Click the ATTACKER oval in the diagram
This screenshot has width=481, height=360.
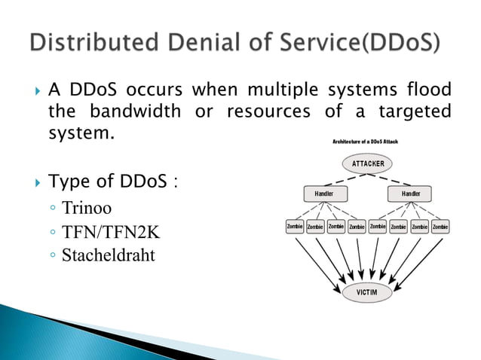(368, 163)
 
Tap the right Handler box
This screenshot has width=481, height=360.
(412, 194)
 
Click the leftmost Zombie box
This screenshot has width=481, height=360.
(294, 226)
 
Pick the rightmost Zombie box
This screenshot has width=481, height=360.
(440, 226)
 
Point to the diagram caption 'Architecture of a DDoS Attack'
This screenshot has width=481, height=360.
(366, 142)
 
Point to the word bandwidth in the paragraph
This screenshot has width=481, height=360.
(135, 112)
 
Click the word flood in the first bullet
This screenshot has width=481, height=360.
(429, 90)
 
